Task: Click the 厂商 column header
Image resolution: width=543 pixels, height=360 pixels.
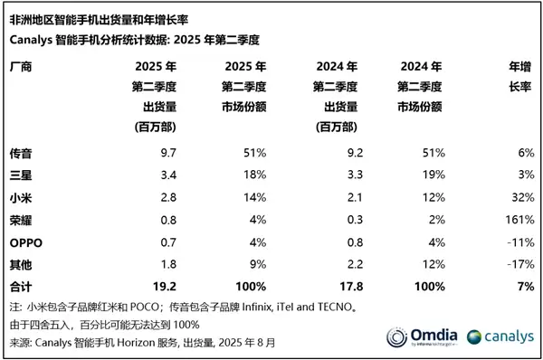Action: pyautogui.click(x=20, y=67)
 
